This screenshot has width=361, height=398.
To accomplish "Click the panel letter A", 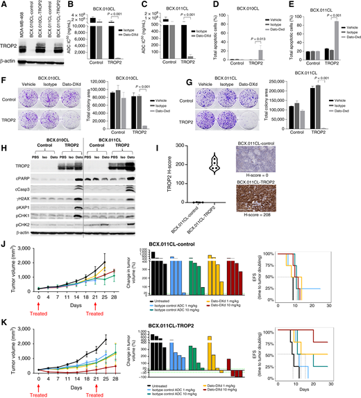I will tap(4, 4).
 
